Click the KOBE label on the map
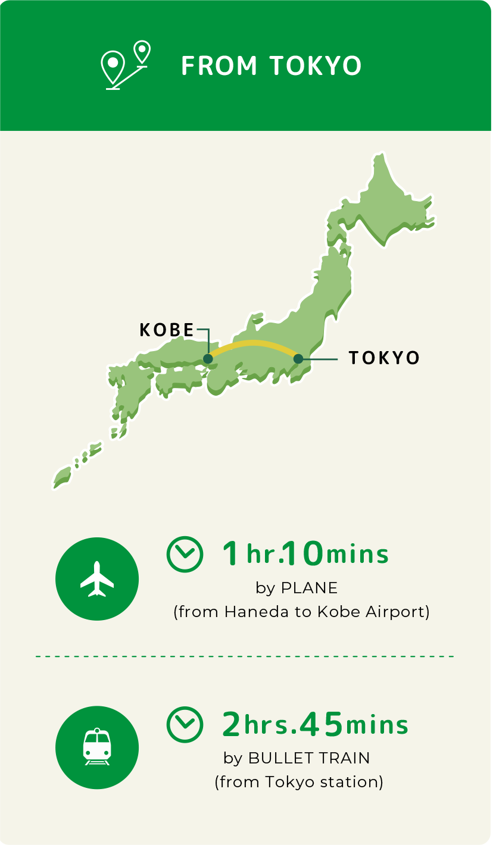[167, 330]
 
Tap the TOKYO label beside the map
[384, 358]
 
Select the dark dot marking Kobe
[208, 359]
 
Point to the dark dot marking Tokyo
[298, 359]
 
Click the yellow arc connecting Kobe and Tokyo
[254, 343]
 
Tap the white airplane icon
[97, 579]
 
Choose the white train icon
[97, 747]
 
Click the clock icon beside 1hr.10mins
[185, 554]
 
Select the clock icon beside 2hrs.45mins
[185, 724]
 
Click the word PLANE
[309, 588]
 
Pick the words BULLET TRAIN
[309, 758]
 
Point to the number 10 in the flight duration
[303, 554]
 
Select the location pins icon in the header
[124, 65]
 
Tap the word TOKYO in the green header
[316, 65]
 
